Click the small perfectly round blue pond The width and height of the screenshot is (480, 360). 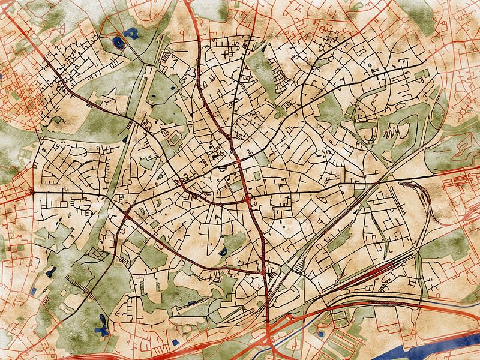pos(320,334)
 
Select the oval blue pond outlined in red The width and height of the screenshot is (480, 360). pos(118,42)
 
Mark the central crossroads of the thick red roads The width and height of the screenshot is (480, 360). pos(248,197)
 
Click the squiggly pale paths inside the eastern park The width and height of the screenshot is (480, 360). pos(390,129)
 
